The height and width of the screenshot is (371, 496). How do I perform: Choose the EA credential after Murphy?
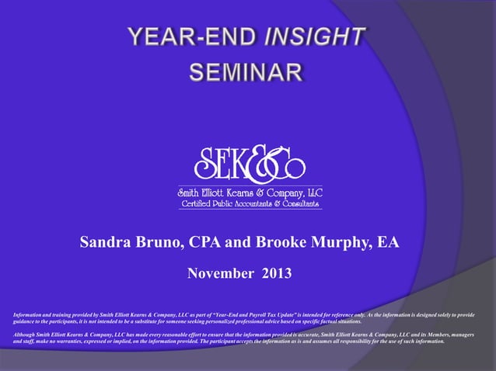click(388, 243)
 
